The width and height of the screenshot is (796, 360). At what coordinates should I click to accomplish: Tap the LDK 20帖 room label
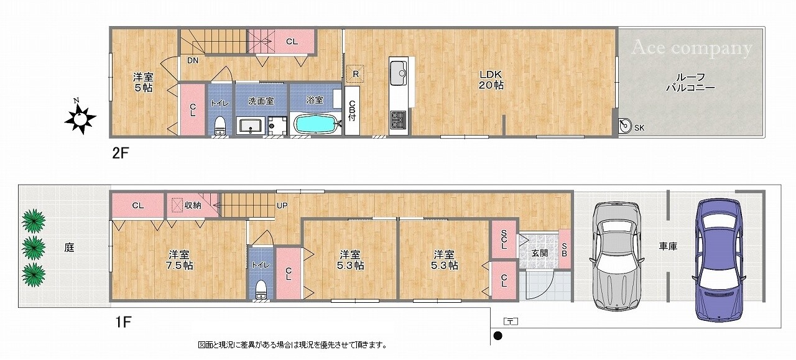point(491,80)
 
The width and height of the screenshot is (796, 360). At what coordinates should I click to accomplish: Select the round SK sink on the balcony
point(626,126)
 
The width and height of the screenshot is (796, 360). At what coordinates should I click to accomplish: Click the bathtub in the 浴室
point(315,123)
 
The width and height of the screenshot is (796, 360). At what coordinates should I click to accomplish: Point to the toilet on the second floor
point(218,127)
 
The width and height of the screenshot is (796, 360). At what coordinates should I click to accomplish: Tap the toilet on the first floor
point(261,290)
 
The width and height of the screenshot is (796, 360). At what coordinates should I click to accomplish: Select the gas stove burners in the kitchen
point(397,118)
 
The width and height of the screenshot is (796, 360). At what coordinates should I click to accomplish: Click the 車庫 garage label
point(668,247)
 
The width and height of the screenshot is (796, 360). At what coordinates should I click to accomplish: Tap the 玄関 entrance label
point(539,253)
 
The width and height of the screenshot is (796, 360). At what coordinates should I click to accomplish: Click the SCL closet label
point(504,239)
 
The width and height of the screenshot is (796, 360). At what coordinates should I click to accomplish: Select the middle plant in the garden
point(34,246)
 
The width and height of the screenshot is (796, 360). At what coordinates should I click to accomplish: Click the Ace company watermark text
point(692,48)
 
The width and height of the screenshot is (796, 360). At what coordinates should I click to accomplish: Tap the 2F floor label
point(120,153)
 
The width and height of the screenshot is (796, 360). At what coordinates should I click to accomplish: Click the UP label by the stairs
point(282,205)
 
